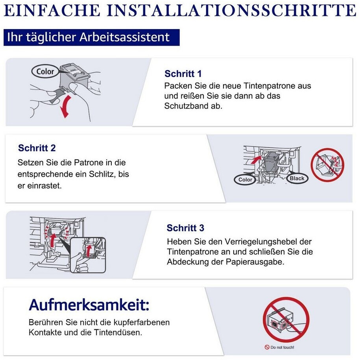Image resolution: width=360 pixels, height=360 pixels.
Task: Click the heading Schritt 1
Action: (183, 74)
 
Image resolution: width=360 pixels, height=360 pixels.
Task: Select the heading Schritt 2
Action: (37, 148)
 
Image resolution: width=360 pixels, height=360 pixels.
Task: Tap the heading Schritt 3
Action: (185, 228)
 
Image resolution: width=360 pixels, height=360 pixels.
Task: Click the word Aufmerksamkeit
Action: (89, 305)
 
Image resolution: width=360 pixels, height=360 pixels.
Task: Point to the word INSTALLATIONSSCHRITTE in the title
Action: (231, 10)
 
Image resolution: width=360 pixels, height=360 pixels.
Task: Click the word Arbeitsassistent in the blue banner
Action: (124, 37)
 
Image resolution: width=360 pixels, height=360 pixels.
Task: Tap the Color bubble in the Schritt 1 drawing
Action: (45, 71)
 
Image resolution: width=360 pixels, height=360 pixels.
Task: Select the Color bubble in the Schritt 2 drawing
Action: (245, 179)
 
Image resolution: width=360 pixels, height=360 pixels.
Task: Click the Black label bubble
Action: (297, 178)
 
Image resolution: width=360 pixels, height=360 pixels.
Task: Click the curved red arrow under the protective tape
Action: (65, 107)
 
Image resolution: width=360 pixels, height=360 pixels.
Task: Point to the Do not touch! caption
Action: (279, 347)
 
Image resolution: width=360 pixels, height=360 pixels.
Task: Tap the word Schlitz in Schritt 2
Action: (102, 174)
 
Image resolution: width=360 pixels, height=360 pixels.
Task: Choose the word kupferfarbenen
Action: (142, 323)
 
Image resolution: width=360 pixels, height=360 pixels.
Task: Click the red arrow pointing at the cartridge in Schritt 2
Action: (256, 159)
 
